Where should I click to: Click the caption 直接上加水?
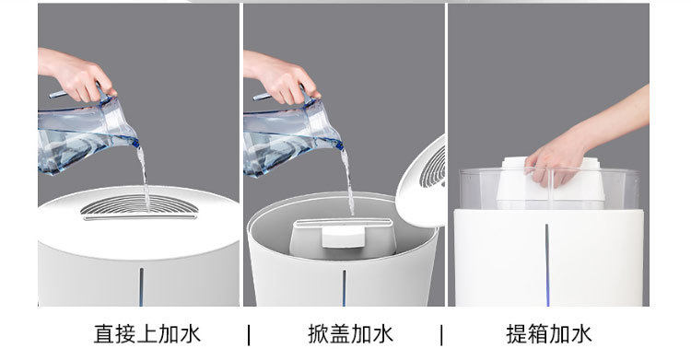coord(147,334)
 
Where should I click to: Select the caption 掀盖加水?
coord(350,334)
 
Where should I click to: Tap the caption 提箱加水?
coord(549,334)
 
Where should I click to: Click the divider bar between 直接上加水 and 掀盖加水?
coord(249,335)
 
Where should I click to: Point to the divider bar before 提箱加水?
coord(441,335)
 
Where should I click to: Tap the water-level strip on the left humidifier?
coord(142,286)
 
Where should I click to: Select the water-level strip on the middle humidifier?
coord(345,288)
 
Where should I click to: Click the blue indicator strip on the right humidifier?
coord(547,264)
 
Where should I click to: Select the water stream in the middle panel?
coord(347,181)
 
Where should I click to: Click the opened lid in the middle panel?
coord(422,181)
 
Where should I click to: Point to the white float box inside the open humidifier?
coord(343,237)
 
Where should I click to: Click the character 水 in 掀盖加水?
coord(382,334)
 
